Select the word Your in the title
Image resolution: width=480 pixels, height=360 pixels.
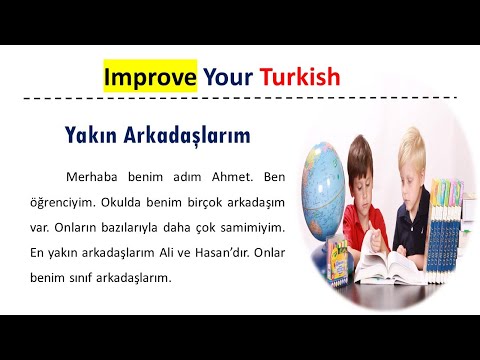pos(226,76)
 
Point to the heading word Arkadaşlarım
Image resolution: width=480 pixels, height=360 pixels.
pos(187,134)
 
